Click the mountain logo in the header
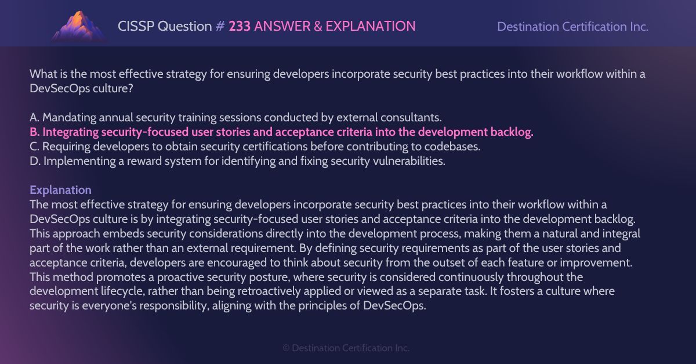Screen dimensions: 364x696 (79, 26)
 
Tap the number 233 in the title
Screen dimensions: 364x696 (240, 26)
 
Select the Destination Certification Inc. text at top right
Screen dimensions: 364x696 (572, 27)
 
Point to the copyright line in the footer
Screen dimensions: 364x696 (346, 348)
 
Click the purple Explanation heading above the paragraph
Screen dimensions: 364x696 (60, 190)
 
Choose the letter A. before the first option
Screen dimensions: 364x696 (35, 118)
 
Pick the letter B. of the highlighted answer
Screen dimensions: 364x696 (35, 132)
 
